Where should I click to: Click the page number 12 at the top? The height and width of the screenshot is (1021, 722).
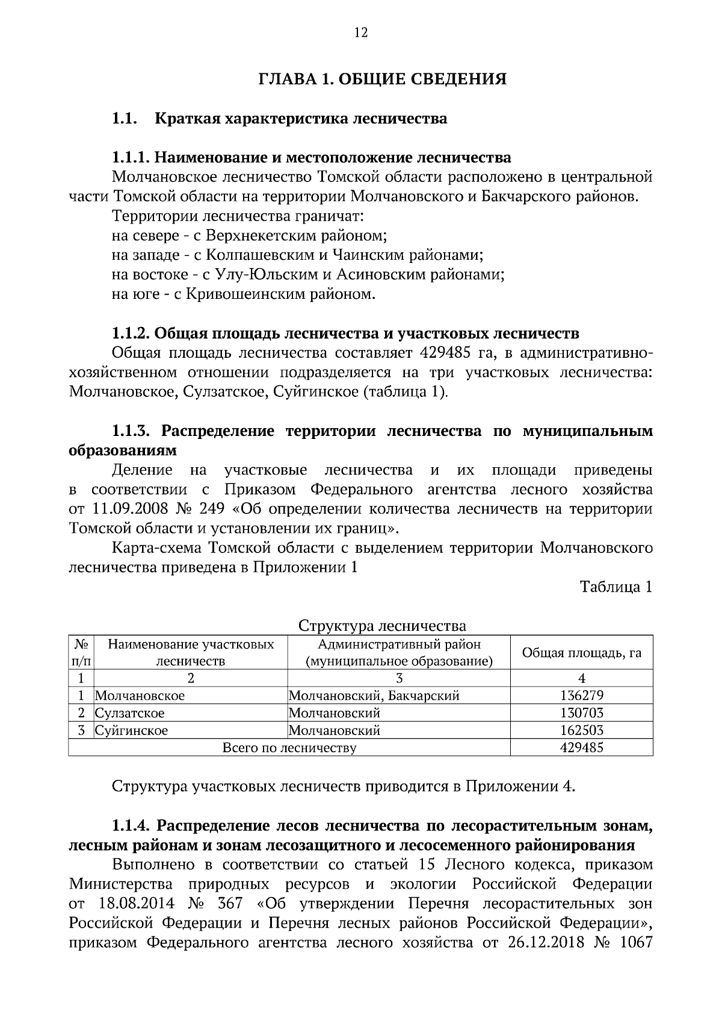(360, 32)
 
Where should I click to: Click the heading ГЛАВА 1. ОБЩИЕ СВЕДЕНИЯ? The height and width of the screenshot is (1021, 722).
(382, 79)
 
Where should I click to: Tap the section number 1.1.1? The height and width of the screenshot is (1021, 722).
(131, 158)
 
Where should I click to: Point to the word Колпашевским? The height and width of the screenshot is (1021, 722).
(260, 255)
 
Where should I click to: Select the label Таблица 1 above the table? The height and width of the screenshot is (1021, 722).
(616, 587)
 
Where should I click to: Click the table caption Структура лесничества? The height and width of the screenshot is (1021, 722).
(382, 626)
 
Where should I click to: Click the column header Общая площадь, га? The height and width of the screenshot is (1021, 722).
(581, 653)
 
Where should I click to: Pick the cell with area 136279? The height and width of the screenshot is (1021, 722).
(581, 696)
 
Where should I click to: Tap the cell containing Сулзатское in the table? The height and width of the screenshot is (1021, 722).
(130, 713)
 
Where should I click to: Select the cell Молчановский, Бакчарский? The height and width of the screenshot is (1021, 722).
(374, 696)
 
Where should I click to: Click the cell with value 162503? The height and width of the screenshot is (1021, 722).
(581, 731)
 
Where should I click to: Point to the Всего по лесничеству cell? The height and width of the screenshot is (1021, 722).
(289, 748)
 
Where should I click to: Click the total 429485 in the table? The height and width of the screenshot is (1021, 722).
(581, 748)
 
